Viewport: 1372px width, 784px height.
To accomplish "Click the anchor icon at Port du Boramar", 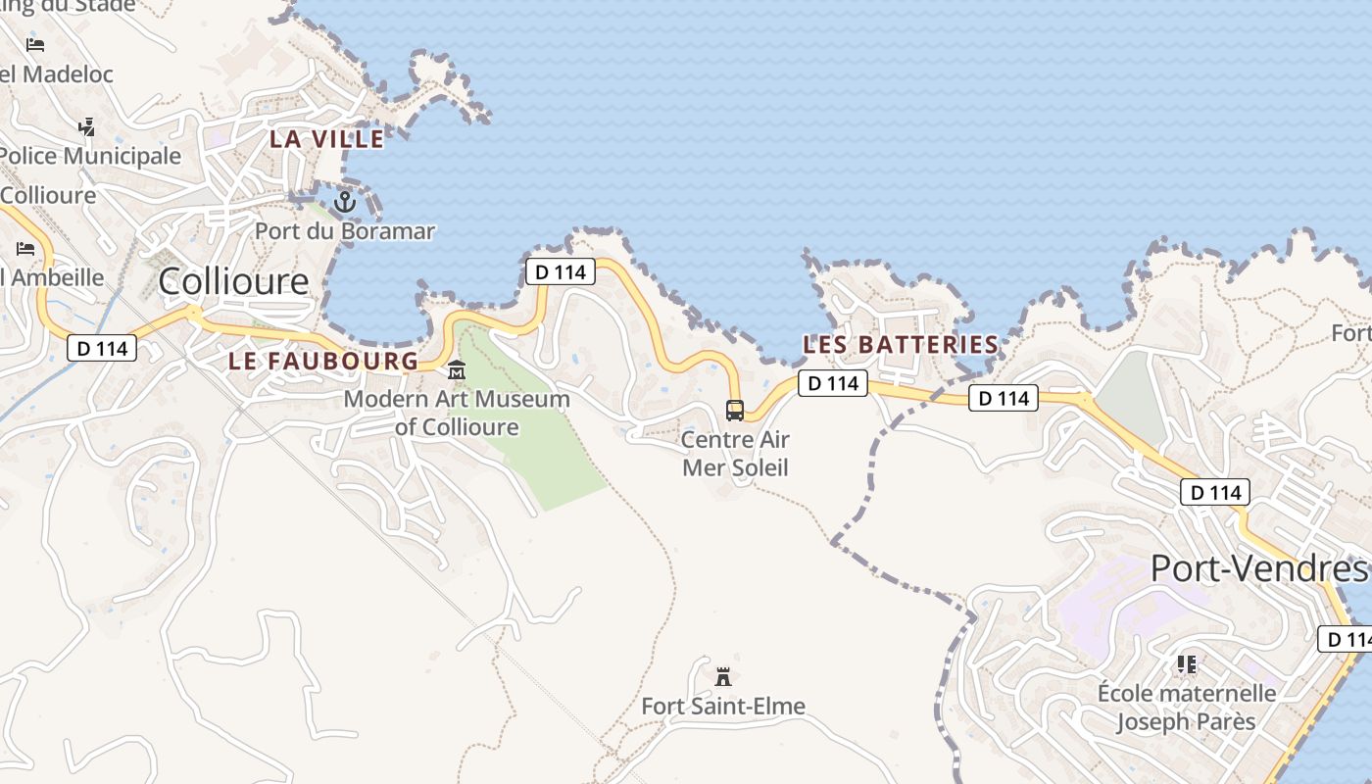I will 344,202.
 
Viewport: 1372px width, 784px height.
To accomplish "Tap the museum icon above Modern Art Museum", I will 457,370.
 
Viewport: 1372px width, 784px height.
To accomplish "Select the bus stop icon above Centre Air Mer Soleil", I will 735,410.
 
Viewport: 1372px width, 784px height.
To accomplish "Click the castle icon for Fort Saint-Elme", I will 723,676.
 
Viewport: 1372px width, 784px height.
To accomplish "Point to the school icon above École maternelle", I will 1187,665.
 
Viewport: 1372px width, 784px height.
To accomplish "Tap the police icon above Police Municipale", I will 87,126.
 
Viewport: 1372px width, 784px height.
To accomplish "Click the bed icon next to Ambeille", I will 25,249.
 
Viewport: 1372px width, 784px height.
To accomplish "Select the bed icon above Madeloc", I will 35,44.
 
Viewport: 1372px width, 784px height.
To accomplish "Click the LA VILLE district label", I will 327,139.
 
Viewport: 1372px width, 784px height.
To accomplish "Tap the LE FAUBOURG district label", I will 323,361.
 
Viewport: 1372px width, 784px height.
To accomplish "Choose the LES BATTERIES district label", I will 901,345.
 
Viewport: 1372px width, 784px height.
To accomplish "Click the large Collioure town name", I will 233,282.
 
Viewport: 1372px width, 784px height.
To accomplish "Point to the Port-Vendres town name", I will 1257,568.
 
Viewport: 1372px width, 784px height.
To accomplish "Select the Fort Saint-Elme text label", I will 723,706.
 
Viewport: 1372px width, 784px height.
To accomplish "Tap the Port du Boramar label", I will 345,231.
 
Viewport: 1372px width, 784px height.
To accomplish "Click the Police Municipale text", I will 90,156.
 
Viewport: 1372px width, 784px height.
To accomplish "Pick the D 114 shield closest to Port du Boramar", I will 561,271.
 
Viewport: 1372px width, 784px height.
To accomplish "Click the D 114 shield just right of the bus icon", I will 833,383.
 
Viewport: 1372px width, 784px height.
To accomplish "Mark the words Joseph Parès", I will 1187,722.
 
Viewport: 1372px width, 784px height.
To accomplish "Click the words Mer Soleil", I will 735,467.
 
